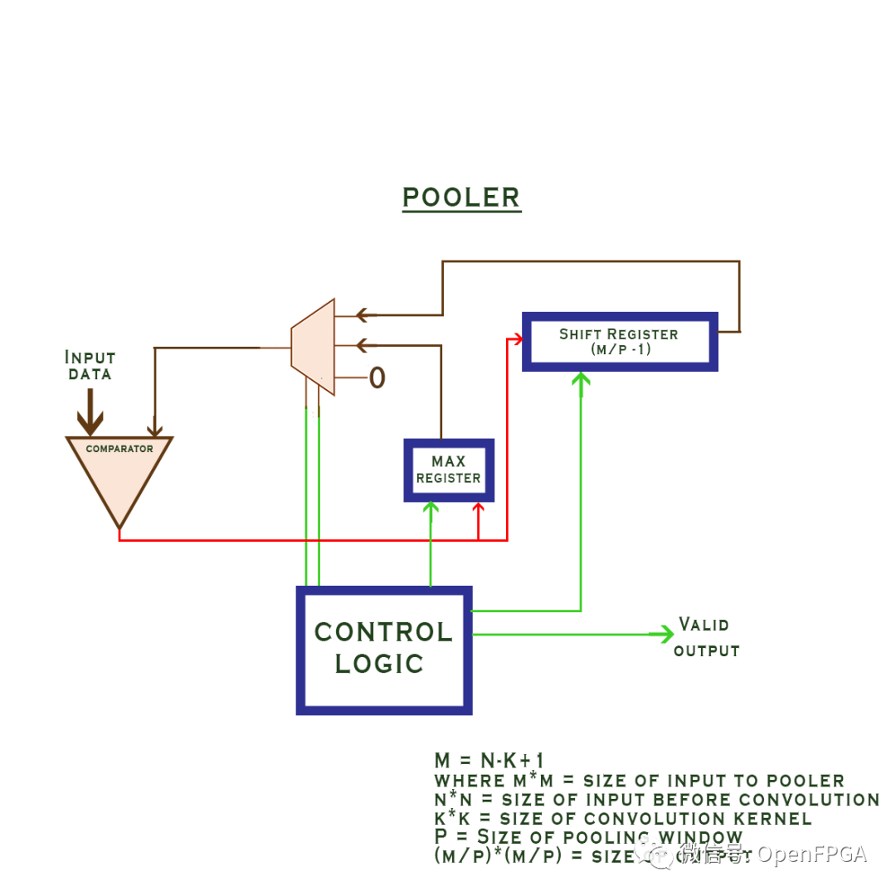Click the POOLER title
461,197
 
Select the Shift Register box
619,342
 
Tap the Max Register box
448,470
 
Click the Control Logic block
384,650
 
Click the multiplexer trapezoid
314,347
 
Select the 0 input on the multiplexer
377,378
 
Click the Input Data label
90,365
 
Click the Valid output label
705,637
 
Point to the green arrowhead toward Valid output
663,635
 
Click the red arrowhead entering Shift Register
517,338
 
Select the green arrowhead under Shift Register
581,379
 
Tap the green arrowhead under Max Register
431,509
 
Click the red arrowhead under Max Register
478,509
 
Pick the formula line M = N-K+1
489,761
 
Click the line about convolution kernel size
622,819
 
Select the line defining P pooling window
588,837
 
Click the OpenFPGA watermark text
809,855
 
